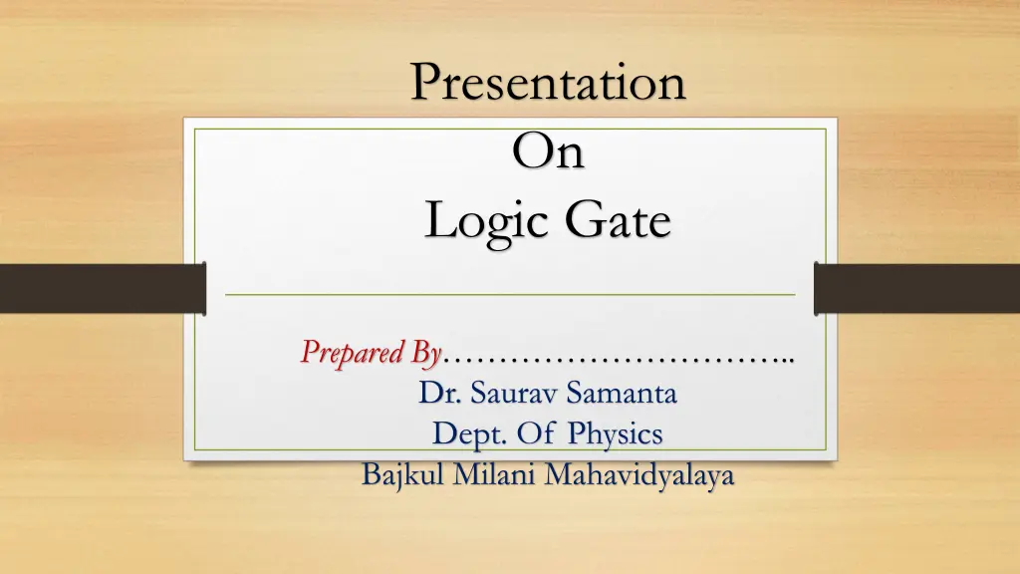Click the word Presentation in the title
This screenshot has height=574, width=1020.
[548, 83]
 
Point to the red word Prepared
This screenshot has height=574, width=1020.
[355, 353]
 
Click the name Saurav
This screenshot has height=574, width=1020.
[514, 394]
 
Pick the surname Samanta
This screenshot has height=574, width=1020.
[622, 394]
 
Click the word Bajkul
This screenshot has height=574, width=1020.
[402, 475]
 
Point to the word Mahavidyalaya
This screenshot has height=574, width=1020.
[639, 476]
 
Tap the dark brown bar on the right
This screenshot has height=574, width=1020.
[916, 287]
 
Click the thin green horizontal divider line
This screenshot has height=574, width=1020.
[510, 296]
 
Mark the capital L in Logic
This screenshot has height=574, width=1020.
[435, 220]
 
